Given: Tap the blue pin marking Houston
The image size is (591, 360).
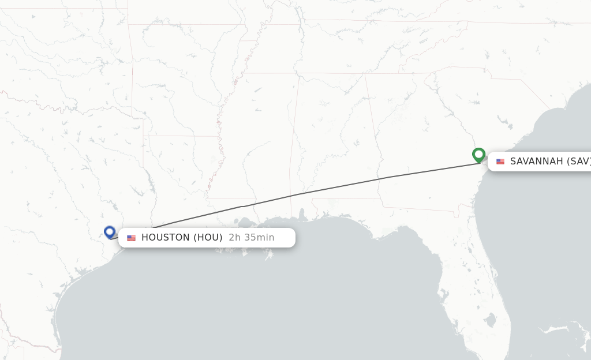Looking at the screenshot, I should [110, 232].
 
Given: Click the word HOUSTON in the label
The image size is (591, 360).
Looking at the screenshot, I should [166, 238].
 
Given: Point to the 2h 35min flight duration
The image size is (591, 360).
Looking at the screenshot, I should [252, 238].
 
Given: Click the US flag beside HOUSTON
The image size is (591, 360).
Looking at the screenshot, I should [132, 238].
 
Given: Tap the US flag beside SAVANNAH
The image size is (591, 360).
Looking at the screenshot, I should [500, 162].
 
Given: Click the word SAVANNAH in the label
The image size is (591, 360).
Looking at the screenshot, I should [536, 162].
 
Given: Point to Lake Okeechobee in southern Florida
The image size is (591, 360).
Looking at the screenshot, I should [491, 320].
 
